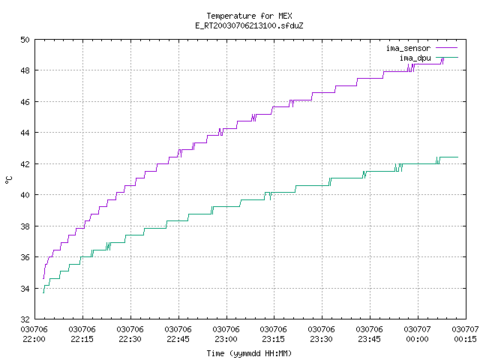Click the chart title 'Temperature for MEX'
249,16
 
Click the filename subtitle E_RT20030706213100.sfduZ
249,25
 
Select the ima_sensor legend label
408,48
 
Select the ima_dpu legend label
415,58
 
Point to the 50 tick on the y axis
25,40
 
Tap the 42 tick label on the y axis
25,164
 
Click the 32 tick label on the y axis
25,319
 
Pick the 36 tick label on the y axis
25,257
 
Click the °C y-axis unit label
9,180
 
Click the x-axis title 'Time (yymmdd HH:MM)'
249,353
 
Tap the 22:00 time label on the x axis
34,339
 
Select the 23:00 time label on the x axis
226,339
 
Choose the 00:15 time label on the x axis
465,339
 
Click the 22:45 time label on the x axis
178,339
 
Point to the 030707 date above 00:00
417,329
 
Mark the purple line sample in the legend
447,48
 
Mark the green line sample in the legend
447,57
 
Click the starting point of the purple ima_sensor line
43,278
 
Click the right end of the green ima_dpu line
458,157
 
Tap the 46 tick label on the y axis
25,102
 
